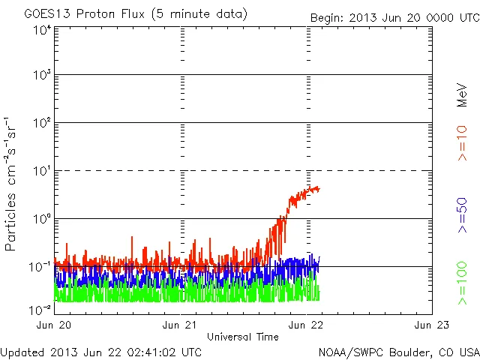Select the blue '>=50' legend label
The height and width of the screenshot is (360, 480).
(463, 216)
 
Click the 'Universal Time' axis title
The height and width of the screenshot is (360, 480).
(242, 337)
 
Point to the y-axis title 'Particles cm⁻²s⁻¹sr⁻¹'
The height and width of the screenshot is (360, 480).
(10, 184)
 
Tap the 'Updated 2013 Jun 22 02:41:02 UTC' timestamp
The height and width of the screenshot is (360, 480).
(101, 351)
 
